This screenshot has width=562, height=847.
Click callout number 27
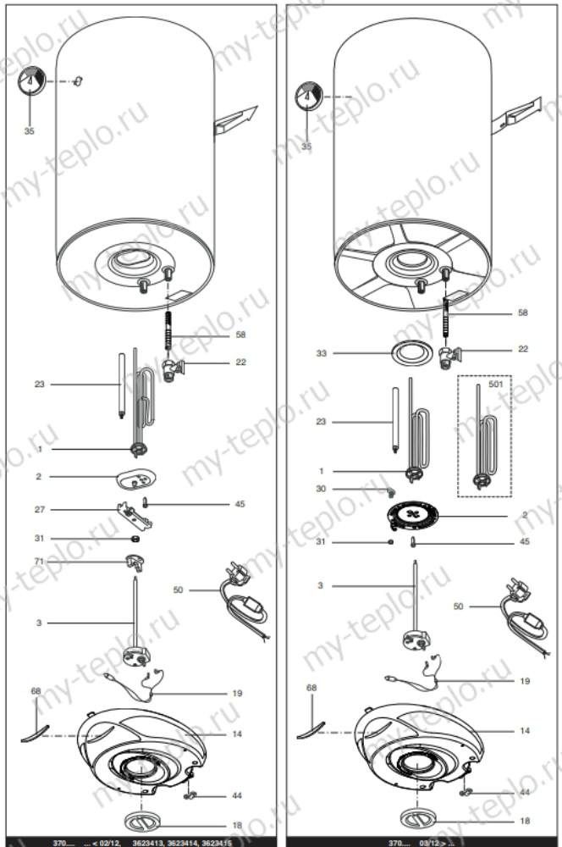tap(39, 510)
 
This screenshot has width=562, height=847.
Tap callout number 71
tap(39, 562)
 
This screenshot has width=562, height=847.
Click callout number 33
tap(321, 353)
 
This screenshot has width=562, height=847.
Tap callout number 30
tap(321, 489)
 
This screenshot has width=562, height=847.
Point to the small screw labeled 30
tap(391, 491)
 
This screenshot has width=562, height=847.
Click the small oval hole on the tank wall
tap(78, 80)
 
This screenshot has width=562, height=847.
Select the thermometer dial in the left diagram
tap(31, 81)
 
